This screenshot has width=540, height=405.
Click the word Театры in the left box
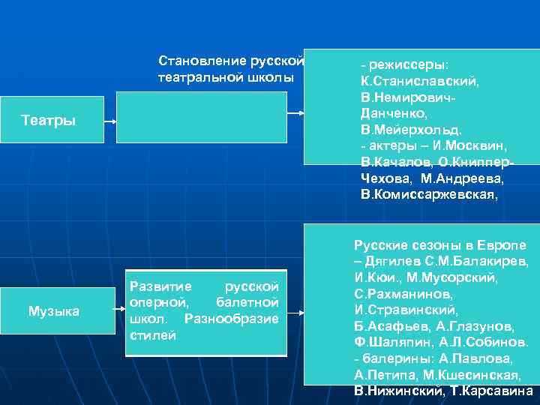(x=49, y=120)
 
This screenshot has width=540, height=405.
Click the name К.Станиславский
(x=420, y=80)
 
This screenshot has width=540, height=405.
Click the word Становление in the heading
(x=194, y=60)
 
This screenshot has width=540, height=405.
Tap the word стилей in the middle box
(x=152, y=335)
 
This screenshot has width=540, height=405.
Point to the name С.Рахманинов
(x=403, y=293)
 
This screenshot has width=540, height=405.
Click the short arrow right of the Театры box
(x=108, y=121)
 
